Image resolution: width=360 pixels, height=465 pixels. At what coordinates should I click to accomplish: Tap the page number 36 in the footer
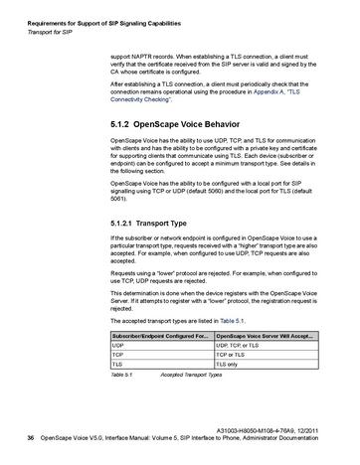pos(30,437)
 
